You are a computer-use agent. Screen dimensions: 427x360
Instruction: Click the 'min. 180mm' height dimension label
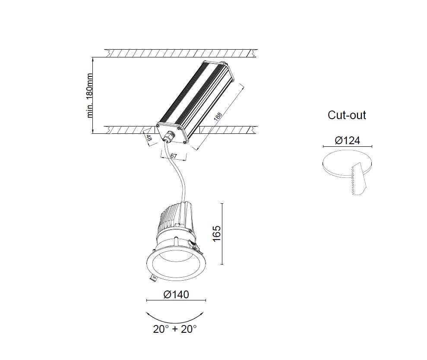[90, 95]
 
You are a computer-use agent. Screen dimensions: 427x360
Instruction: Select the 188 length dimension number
[218, 117]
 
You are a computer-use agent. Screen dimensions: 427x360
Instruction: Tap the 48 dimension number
[149, 138]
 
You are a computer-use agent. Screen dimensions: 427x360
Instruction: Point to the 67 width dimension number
[174, 156]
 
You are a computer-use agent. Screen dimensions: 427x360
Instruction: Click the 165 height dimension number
[217, 234]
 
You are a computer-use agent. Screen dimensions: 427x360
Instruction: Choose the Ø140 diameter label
[176, 294]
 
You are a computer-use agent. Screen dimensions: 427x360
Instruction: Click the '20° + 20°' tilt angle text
[175, 329]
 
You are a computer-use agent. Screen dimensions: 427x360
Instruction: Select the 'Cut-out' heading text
[347, 115]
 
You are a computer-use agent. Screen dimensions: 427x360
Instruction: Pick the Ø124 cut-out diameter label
[348, 141]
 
